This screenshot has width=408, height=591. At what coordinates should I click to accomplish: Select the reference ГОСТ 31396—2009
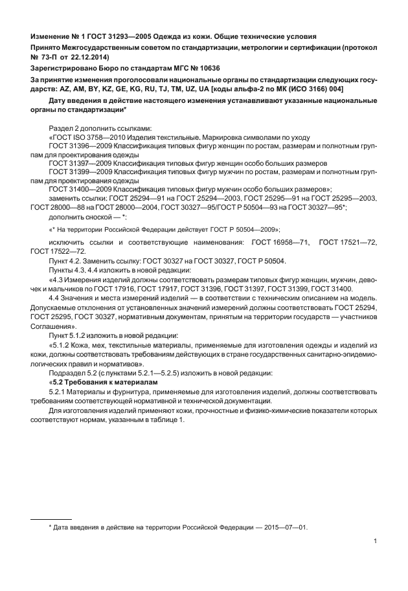pos(76,146)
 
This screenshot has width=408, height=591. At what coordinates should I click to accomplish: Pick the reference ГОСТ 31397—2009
pos(76,163)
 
